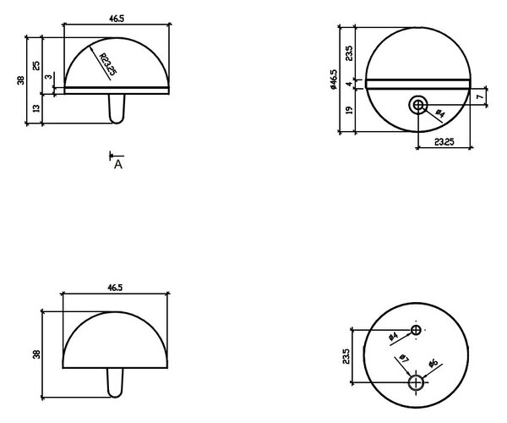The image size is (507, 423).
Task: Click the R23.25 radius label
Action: tap(107, 64)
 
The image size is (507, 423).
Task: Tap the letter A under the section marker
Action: tap(118, 165)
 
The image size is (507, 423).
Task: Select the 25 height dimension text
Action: tap(36, 66)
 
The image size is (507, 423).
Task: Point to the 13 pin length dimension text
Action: tap(36, 108)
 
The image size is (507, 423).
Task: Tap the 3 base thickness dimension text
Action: tap(48, 77)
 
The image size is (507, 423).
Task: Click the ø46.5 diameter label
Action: tap(334, 80)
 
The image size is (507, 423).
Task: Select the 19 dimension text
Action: tap(349, 110)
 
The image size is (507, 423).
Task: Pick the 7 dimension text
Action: tap(480, 96)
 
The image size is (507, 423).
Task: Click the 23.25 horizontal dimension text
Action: tap(444, 142)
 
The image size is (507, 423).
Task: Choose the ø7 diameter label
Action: tap(404, 358)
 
